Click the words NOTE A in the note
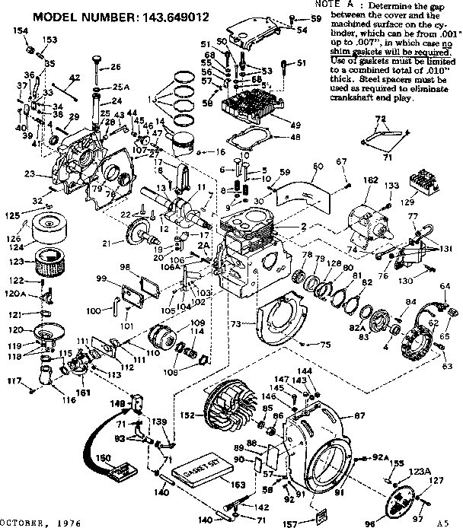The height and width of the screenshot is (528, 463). pyautogui.click(x=332, y=5)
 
